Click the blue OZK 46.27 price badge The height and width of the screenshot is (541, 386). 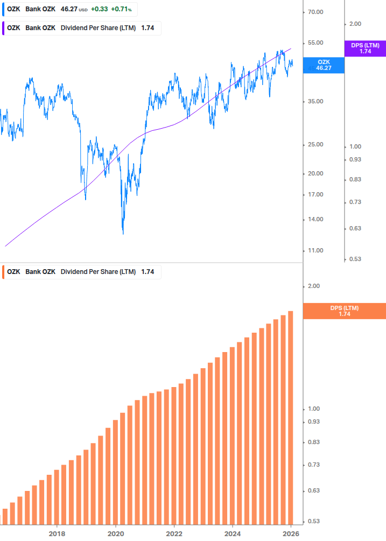point(324,65)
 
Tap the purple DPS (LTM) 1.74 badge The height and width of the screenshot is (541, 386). point(365,48)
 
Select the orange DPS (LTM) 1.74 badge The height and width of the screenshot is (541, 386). point(345,311)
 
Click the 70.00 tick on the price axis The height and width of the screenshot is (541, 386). point(315,12)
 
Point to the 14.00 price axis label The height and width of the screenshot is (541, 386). point(315,219)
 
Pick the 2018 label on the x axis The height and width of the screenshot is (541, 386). point(57,533)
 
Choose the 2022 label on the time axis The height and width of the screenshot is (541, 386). point(174,533)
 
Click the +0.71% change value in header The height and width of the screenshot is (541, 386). point(121,9)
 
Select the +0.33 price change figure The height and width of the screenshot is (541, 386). point(99,9)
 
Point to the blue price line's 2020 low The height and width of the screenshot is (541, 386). point(123,233)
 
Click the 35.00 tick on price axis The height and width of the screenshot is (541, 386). point(315,101)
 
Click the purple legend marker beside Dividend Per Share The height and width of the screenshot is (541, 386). point(4,28)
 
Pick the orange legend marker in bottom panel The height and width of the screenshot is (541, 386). point(4,272)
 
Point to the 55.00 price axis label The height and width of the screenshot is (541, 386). point(315,43)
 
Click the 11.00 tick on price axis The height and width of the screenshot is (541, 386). point(315,250)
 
